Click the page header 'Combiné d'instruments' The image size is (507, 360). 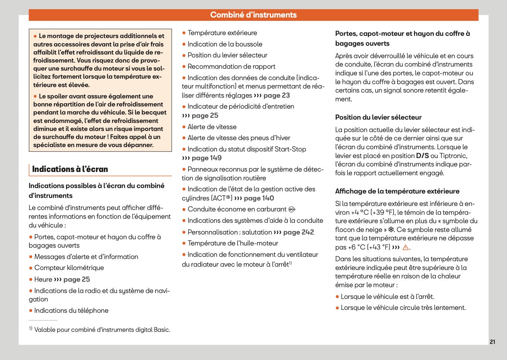tap(253, 15)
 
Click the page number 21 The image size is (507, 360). tap(492, 342)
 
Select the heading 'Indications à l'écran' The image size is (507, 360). tap(70, 169)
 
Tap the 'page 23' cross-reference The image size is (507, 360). tap(276, 95)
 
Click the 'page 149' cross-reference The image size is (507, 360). tap(206, 158)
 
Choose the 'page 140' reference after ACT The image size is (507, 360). tap(259, 198)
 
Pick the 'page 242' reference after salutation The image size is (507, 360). tap(298, 232)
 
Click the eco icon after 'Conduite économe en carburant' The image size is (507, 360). tap(292, 210)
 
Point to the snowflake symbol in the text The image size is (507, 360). tap(391, 230)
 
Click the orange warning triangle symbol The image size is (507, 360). tap(405, 247)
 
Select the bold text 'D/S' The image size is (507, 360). tap(422, 156)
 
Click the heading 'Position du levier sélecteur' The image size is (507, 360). tap(378, 117)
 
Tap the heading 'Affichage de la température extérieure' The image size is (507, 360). tap(397, 191)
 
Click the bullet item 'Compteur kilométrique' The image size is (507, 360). tap(69, 268)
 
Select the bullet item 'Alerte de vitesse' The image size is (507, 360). tap(212, 127)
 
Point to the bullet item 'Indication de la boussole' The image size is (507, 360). tap(225, 44)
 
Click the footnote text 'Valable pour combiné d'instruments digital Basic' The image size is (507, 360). tap(102, 330)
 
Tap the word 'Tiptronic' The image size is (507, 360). tap(453, 156)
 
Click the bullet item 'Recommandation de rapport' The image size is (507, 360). tap(231, 67)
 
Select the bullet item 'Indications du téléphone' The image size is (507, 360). tap(71, 311)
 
